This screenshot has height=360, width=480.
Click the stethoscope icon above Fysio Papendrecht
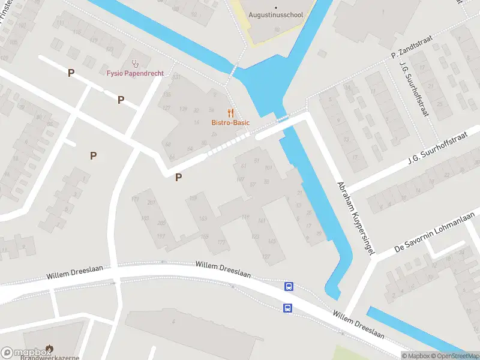pyautogui.click(x=135, y=62)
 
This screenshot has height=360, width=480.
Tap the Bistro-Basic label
pyautogui.click(x=230, y=123)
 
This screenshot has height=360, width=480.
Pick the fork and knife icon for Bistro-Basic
pyautogui.click(x=230, y=112)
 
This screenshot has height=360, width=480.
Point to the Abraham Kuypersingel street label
pyautogui.click(x=356, y=218)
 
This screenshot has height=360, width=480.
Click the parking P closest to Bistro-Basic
pyautogui.click(x=178, y=177)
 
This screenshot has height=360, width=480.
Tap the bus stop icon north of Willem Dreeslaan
pyautogui.click(x=289, y=287)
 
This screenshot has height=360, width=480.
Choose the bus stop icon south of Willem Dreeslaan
pyautogui.click(x=287, y=308)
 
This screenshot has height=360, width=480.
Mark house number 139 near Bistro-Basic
pyautogui.click(x=183, y=109)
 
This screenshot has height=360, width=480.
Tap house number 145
pyautogui.click(x=272, y=241)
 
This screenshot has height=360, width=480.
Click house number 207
pyautogui.click(x=152, y=202)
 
